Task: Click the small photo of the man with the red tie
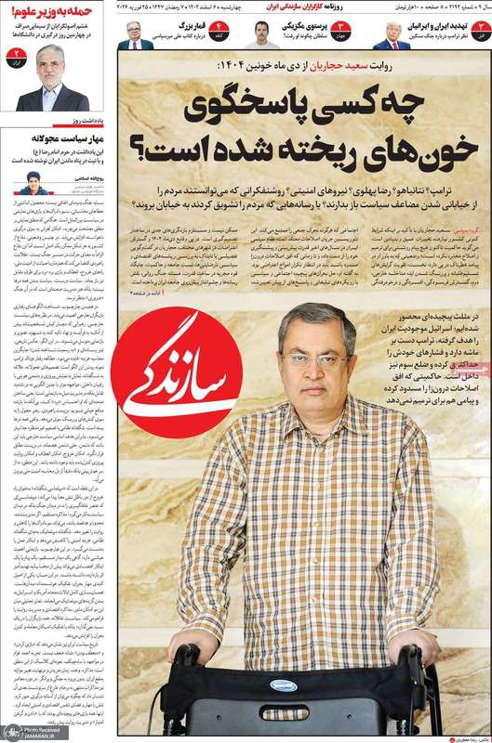click(x=392, y=34)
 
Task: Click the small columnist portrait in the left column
click(x=33, y=184)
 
